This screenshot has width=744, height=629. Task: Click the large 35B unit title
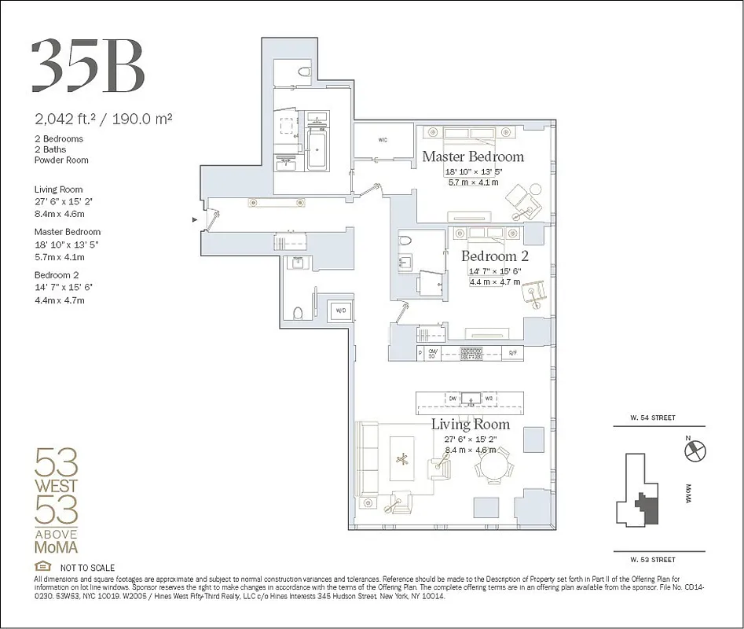[x=88, y=65]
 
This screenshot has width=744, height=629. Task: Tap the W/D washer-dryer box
[x=340, y=311]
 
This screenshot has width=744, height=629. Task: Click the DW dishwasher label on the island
[x=453, y=399]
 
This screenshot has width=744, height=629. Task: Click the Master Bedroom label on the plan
[x=472, y=156]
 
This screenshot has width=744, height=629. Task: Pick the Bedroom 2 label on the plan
[x=494, y=256]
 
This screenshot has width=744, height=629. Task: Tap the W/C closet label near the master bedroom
[x=383, y=141]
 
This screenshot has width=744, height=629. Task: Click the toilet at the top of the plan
[x=302, y=72]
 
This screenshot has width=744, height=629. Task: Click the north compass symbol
[x=695, y=451]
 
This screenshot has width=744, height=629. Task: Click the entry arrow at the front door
[x=195, y=220]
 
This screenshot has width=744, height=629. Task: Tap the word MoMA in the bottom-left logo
[x=57, y=547]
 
